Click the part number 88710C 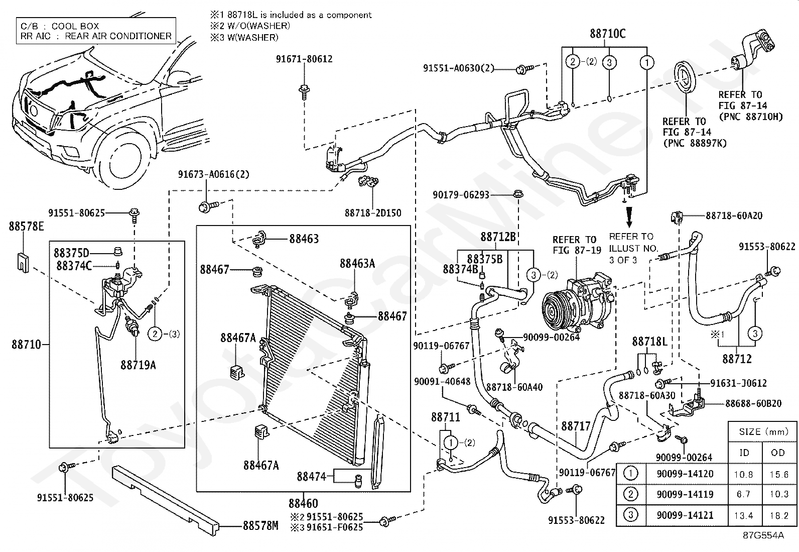coord(607,34)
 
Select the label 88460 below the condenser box coord(303,503)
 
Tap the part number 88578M coord(260,525)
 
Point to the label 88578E coord(26,226)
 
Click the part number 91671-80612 coord(304,59)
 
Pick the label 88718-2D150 coord(373,213)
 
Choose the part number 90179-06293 coord(461,194)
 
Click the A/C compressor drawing coord(578,303)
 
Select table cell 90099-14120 coord(685,474)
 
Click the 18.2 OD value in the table coord(779,515)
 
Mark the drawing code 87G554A coord(763,535)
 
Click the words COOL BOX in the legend coord(75,26)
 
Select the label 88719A coord(138,365)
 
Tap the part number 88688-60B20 coord(753,403)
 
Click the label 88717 coord(576,425)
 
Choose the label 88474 coord(311,476)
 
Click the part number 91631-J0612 coord(738,383)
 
